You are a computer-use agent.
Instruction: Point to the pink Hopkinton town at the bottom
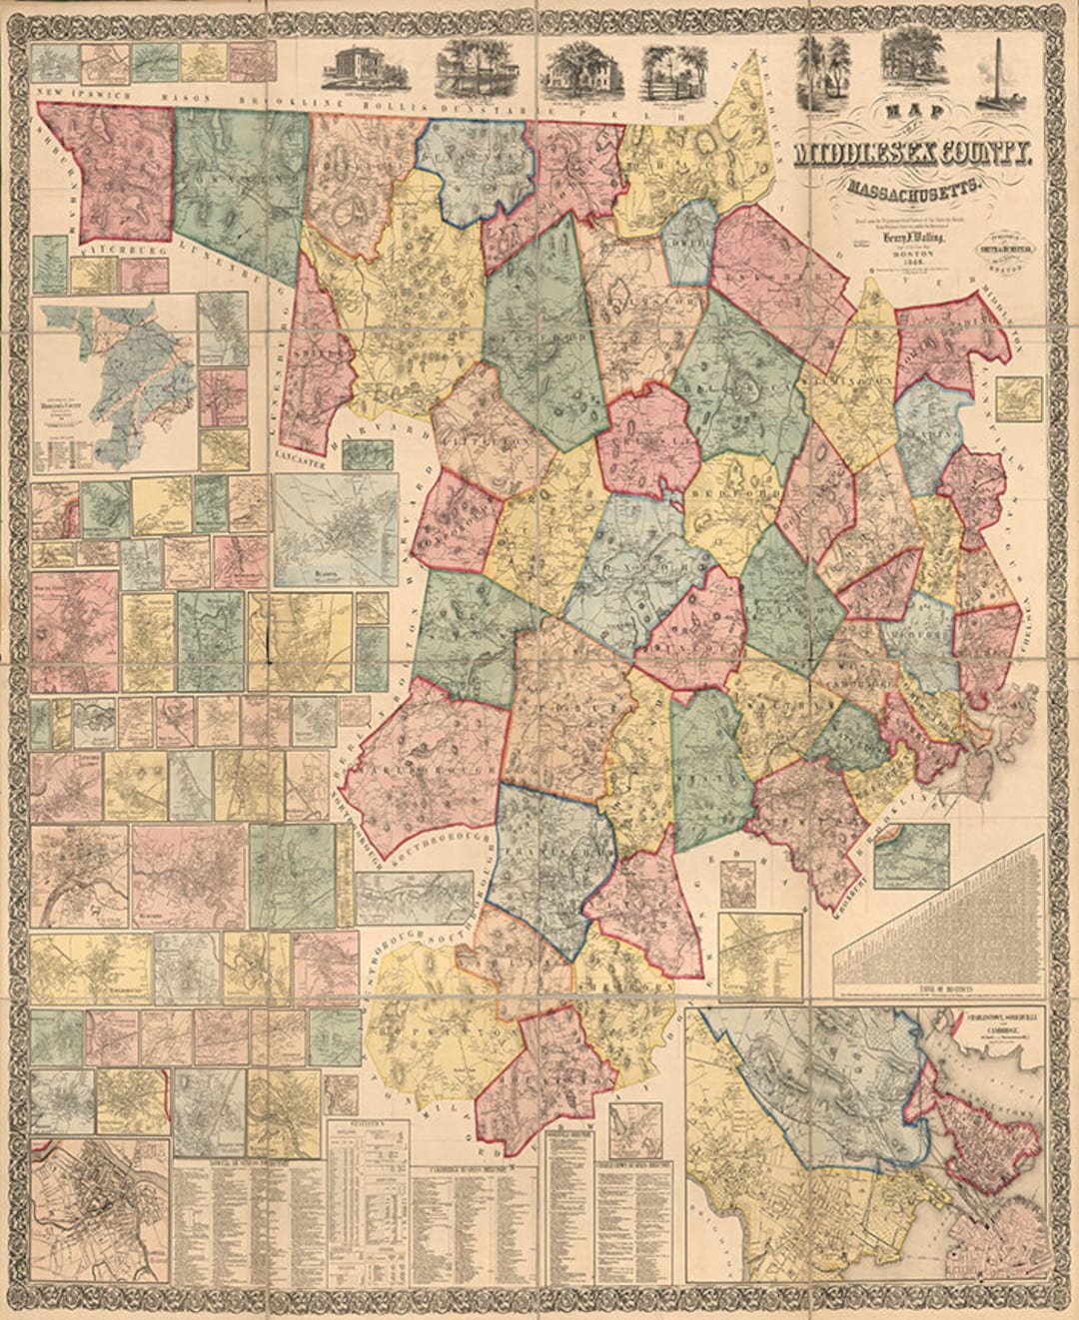pyautogui.click(x=544, y=1063)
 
